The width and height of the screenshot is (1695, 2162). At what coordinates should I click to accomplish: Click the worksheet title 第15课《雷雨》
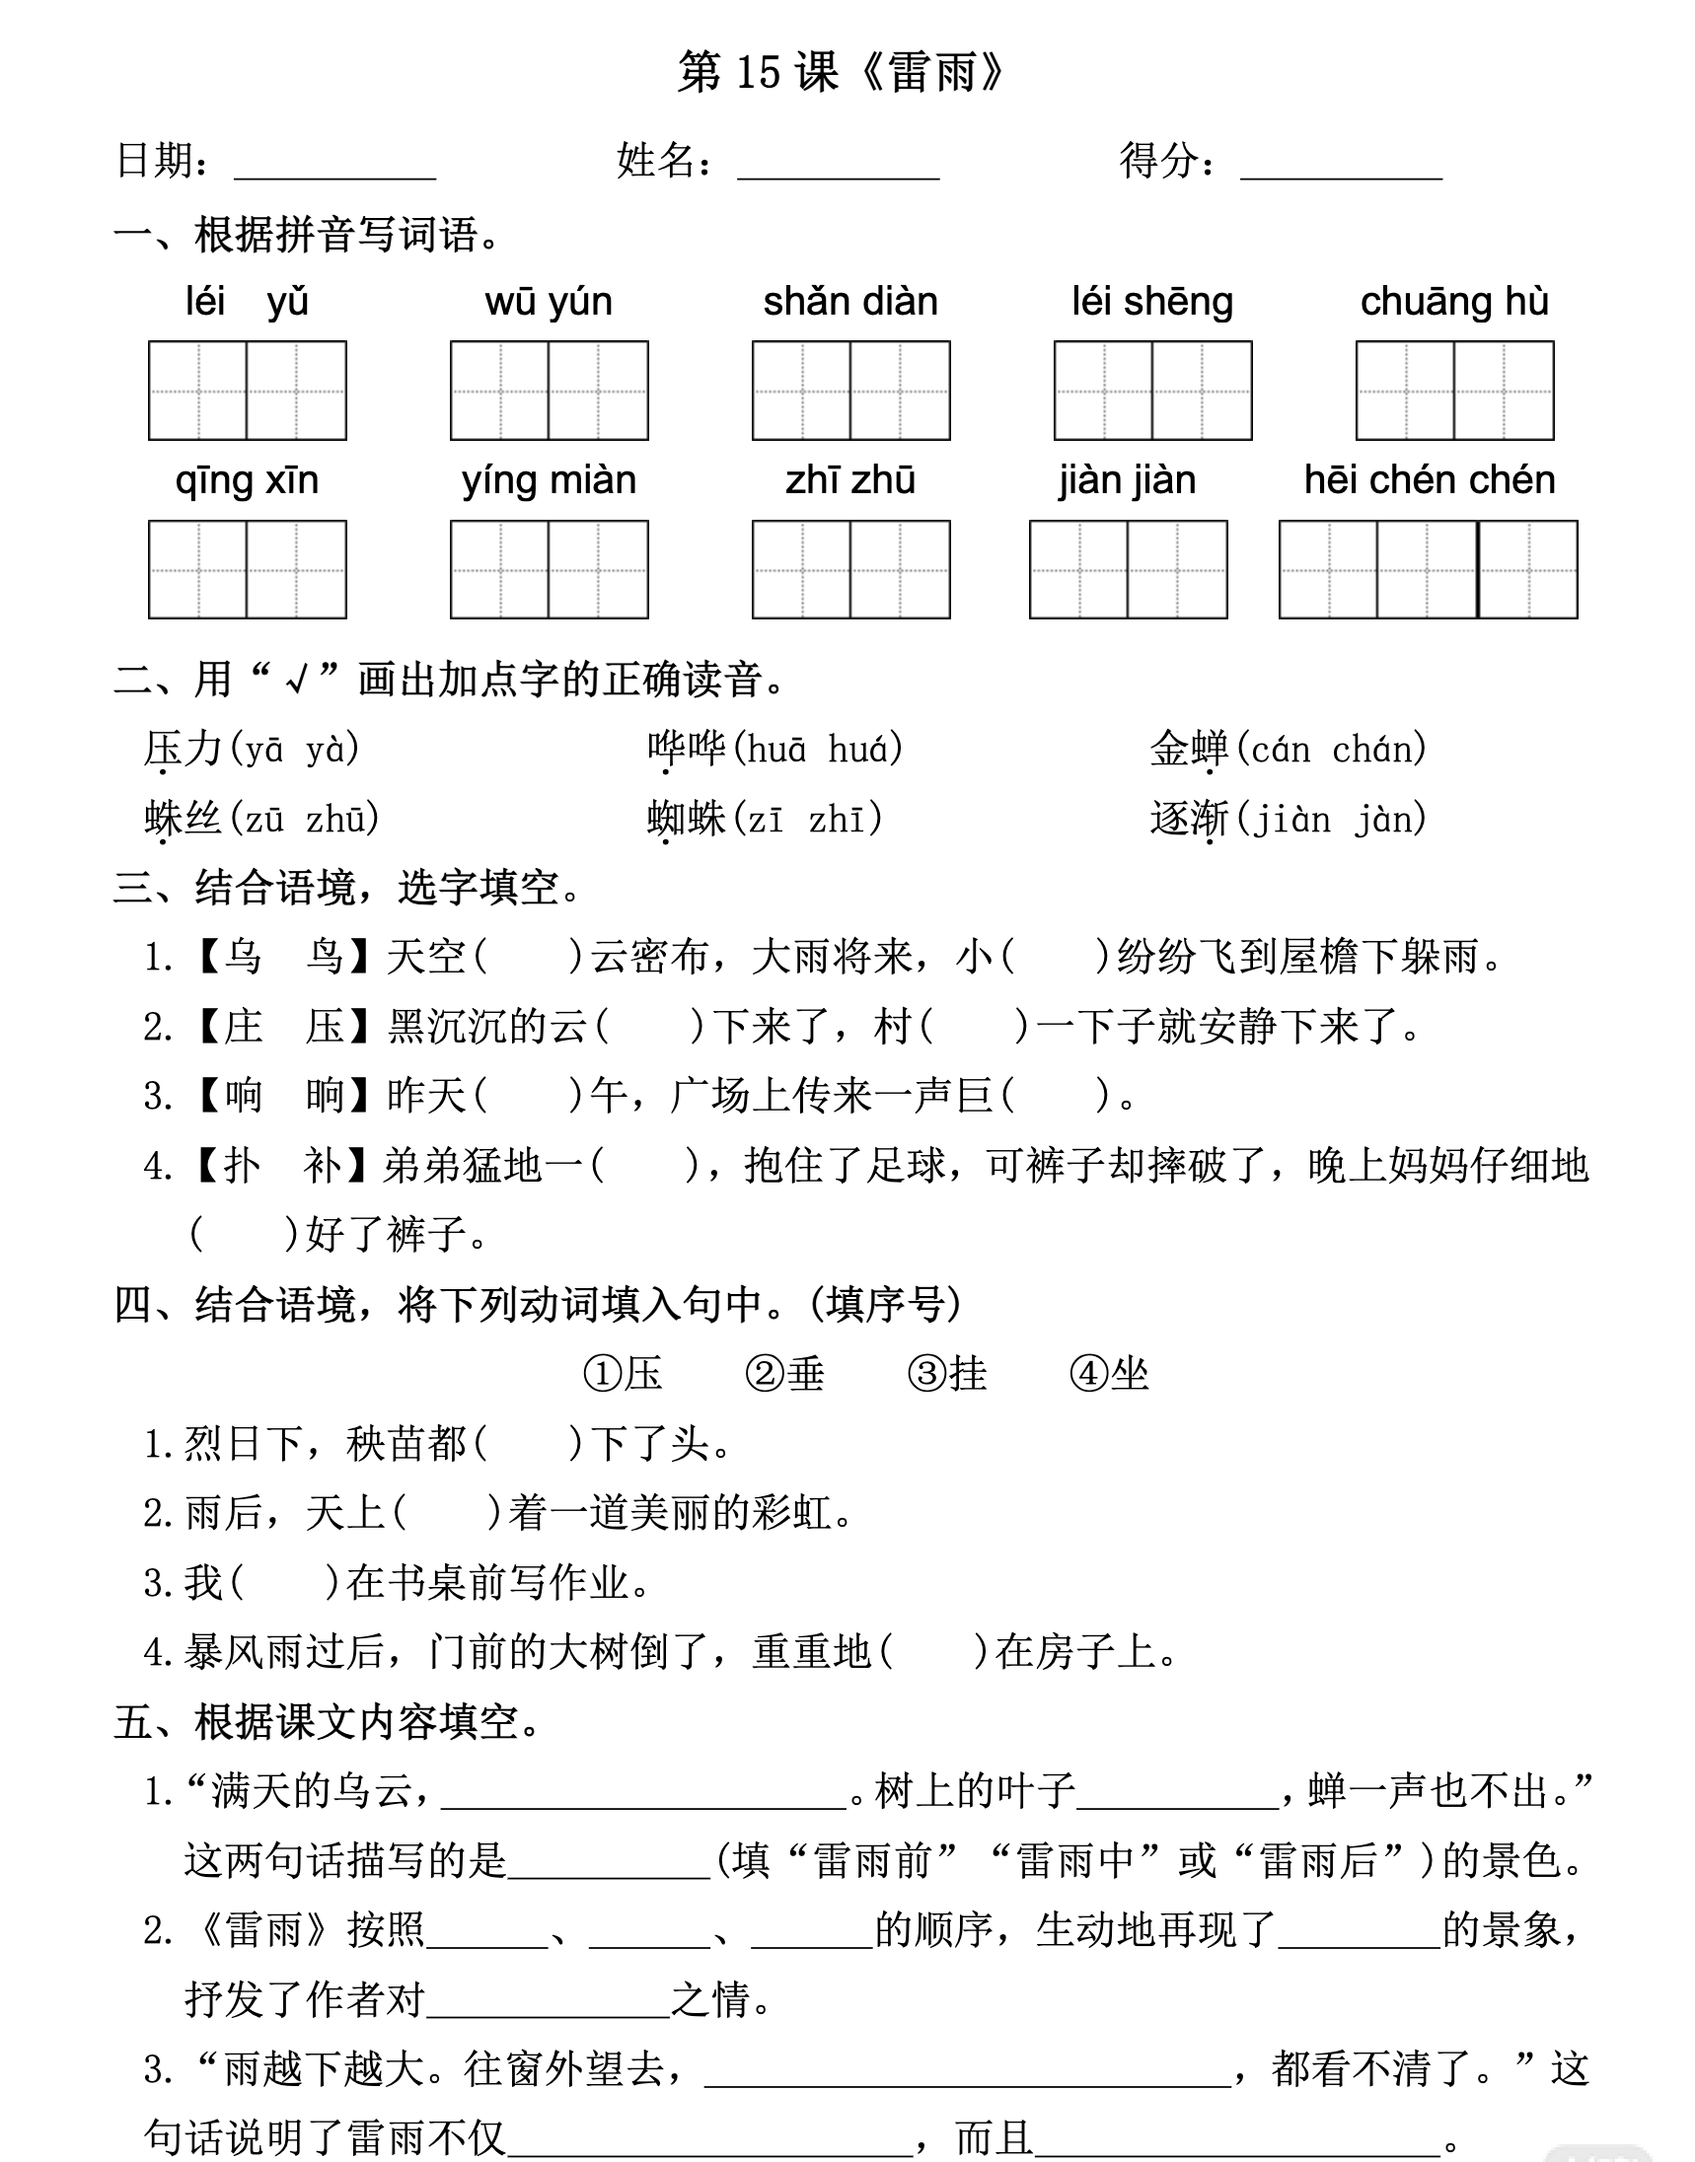pyautogui.click(x=842, y=72)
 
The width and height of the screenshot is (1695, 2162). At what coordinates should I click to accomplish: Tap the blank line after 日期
pyautogui.click(x=334, y=169)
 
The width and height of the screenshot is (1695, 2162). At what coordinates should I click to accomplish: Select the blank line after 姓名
pyautogui.click(x=838, y=169)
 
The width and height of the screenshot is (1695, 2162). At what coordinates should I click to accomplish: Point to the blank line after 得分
pyautogui.click(x=1341, y=169)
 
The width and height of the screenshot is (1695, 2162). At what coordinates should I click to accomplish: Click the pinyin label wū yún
pyautogui.click(x=548, y=302)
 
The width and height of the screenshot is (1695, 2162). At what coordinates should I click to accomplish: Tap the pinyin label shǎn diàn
pyautogui.click(x=850, y=302)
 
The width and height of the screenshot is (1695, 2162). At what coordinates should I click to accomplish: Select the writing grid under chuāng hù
pyautogui.click(x=1454, y=391)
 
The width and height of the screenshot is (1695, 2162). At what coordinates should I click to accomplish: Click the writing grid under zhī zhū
pyautogui.click(x=850, y=569)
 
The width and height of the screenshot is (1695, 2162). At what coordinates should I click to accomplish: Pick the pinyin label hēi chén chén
pyautogui.click(x=1429, y=480)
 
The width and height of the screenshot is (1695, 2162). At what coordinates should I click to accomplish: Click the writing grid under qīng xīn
pyautogui.click(x=247, y=569)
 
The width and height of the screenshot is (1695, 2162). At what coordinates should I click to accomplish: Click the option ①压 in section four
pyautogui.click(x=624, y=1374)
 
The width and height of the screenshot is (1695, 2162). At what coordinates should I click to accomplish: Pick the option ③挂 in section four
pyautogui.click(x=947, y=1374)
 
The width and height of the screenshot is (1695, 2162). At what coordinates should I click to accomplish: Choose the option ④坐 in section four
pyautogui.click(x=1110, y=1374)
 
